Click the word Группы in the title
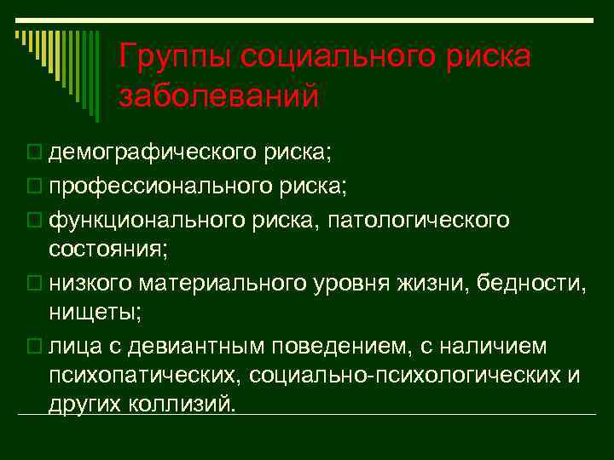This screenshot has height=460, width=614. point(174,58)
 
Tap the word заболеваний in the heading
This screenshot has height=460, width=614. point(220,95)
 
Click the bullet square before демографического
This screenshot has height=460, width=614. point(33,152)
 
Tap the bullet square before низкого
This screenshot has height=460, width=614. point(33,285)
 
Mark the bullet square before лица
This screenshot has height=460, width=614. point(33,348)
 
